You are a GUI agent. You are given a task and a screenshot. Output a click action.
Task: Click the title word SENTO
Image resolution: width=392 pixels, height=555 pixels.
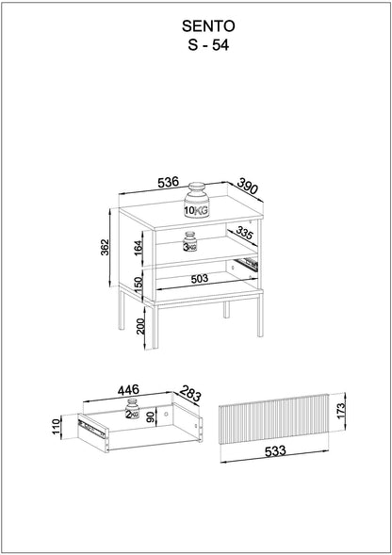(208, 26)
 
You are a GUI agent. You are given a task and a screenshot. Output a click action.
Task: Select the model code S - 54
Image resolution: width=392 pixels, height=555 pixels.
(208, 45)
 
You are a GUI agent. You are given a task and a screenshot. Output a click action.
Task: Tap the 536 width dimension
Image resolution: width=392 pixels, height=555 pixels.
(169, 182)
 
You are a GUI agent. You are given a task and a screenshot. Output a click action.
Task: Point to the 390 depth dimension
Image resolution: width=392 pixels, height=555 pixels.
(248, 187)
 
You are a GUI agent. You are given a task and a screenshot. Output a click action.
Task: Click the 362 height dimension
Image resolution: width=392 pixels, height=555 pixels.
(105, 248)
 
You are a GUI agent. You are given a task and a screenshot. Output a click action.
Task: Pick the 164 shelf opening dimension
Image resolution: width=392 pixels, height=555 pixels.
(138, 248)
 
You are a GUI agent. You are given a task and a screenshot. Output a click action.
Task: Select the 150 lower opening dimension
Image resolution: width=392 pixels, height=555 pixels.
(139, 285)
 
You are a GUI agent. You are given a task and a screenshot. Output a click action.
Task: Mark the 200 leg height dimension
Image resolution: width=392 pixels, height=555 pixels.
(141, 326)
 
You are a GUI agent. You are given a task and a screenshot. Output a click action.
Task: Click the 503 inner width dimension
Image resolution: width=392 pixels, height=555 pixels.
(200, 279)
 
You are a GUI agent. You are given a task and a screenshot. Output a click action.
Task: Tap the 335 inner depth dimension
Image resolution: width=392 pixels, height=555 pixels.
(244, 234)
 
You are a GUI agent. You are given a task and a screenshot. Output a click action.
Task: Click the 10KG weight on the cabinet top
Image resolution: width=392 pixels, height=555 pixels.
(196, 200)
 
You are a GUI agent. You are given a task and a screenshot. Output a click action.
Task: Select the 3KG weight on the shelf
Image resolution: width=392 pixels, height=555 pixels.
(189, 242)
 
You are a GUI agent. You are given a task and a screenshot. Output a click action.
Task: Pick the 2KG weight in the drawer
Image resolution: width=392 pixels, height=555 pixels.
(132, 409)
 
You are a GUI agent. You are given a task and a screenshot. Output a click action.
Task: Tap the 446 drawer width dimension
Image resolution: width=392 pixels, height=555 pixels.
(128, 390)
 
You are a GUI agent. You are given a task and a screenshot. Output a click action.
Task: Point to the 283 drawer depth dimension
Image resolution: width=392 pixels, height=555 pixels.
(190, 393)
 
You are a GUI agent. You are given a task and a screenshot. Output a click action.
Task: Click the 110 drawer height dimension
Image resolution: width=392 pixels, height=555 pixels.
(56, 427)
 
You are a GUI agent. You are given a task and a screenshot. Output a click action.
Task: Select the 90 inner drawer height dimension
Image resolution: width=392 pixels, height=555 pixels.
(151, 416)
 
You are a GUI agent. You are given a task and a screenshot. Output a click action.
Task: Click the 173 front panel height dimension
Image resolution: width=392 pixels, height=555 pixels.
(340, 411)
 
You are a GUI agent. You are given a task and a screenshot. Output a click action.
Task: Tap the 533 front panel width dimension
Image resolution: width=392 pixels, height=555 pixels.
(275, 451)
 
